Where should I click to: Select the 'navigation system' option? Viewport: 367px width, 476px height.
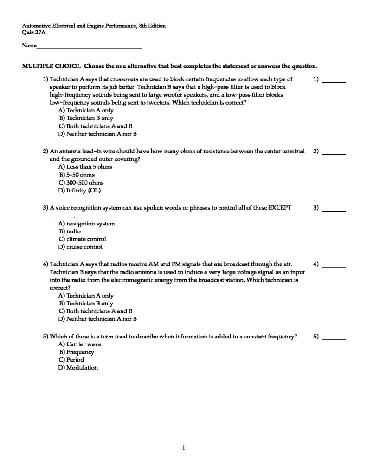86,224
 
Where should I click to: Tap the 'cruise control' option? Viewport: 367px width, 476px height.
80,247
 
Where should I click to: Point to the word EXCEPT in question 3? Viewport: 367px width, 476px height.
280,208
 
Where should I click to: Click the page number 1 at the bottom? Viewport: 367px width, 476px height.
184,448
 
